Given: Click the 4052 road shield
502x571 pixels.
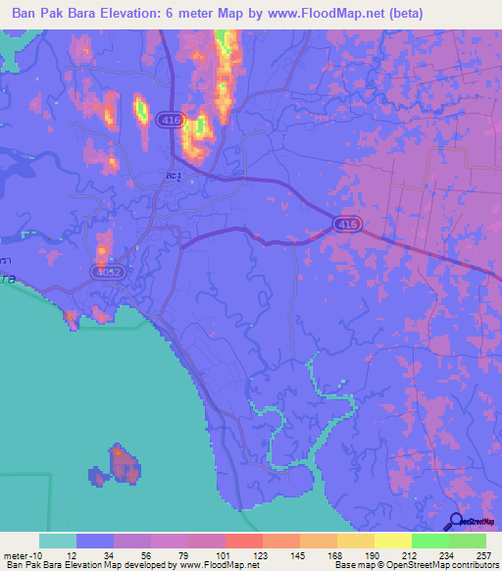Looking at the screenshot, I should (x=107, y=272).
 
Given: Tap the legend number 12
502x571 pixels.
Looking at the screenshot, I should (x=77, y=554).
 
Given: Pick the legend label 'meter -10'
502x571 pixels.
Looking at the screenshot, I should (x=22, y=554).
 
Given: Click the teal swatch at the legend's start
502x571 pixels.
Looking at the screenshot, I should (x=58, y=541).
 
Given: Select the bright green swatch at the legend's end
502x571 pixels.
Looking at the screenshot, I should (x=468, y=541).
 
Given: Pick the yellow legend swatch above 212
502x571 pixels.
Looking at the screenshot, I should (x=393, y=541).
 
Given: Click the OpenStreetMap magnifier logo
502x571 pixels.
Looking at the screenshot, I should (x=456, y=521).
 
